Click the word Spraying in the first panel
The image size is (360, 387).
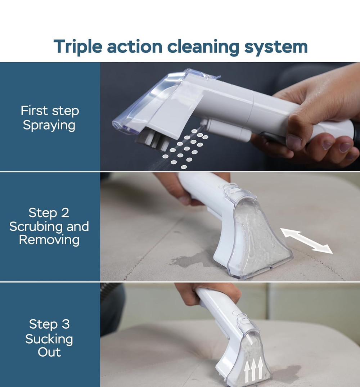click(49, 125)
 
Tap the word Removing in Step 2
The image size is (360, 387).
click(49, 239)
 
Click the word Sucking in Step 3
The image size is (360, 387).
click(49, 339)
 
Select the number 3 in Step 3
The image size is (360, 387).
click(66, 324)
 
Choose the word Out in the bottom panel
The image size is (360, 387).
click(49, 352)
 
